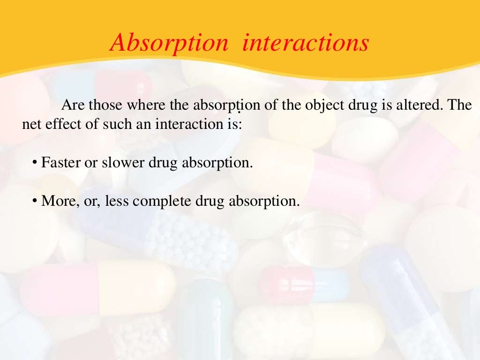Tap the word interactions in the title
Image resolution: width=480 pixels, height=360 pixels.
tap(306, 43)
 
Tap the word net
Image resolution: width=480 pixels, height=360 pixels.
tap(31, 125)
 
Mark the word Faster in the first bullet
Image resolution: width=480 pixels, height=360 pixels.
tap(60, 163)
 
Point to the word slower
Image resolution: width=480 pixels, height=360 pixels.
tap(124, 163)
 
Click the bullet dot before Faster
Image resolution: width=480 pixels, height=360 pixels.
tap(35, 163)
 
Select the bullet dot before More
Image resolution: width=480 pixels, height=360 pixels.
tap(35, 201)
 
